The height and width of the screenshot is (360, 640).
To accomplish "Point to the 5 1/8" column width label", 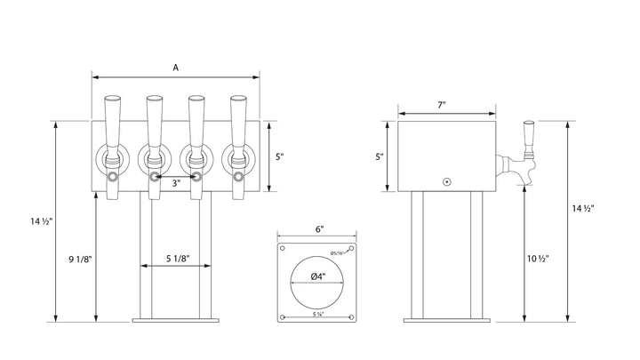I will (175, 259).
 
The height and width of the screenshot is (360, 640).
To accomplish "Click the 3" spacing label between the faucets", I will (176, 184).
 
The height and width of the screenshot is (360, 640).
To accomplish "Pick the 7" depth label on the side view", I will (442, 105).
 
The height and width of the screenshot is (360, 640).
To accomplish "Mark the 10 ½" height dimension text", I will (536, 259).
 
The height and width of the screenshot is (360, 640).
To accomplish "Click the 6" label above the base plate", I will (317, 228).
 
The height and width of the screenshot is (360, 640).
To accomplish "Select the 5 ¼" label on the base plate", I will (317, 313).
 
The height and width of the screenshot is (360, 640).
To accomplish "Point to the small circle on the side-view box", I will (447, 180).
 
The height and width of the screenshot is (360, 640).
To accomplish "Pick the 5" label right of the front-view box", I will (279, 156).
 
